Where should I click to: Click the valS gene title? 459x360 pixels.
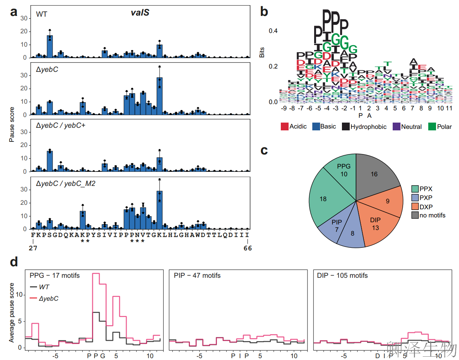[x=140, y=13]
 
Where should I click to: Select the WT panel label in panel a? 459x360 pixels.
[x=41, y=14]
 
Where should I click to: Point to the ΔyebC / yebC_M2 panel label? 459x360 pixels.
[x=66, y=183]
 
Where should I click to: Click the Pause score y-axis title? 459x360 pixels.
[x=12, y=124]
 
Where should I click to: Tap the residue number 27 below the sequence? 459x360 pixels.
[x=33, y=248]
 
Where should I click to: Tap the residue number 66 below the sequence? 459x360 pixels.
[x=247, y=248]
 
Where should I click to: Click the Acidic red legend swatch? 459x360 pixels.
[x=285, y=127]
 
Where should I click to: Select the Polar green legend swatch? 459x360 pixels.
[x=432, y=127]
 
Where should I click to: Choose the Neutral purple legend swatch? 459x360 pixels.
[x=396, y=127]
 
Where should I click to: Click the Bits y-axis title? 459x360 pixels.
[x=262, y=52]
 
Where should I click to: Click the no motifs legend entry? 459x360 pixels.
[x=432, y=215]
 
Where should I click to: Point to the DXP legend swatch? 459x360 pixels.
[x=415, y=207]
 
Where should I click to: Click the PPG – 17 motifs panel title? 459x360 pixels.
[x=54, y=276]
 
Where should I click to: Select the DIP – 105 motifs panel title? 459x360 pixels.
[x=342, y=276]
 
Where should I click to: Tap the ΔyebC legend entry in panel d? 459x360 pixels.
[x=49, y=299]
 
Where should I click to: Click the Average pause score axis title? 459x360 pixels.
[x=12, y=313]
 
